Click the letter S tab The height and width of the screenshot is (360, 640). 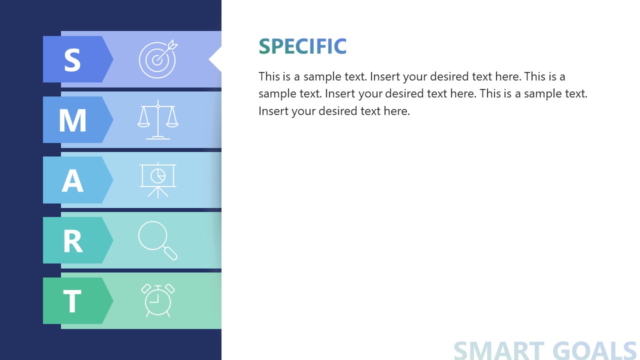click(x=73, y=59)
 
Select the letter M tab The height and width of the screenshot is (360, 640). click(x=73, y=120)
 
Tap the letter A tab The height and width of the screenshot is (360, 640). click(x=73, y=180)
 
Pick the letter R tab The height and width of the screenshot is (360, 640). click(x=73, y=240)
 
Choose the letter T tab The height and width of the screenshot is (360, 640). click(x=73, y=301)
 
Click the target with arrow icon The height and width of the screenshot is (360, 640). click(x=157, y=59)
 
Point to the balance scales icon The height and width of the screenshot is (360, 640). click(x=158, y=120)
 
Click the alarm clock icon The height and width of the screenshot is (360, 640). click(x=158, y=300)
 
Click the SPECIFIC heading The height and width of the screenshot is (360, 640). click(x=302, y=46)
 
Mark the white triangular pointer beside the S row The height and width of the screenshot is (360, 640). click(x=215, y=59)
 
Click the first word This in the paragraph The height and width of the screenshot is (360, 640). click(x=269, y=76)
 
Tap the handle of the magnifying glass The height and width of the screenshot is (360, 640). click(x=171, y=253)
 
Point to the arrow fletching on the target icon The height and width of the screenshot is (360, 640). click(x=173, y=44)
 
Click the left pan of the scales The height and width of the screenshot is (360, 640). click(x=144, y=121)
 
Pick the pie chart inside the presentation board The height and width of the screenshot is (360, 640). click(x=158, y=175)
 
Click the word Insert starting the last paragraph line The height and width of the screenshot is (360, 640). click(x=273, y=111)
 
